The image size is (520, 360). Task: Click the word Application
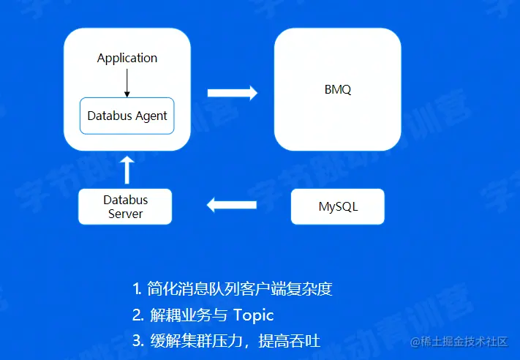click(x=127, y=58)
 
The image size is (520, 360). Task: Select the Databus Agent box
click(x=127, y=116)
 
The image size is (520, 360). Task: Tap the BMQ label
click(x=338, y=90)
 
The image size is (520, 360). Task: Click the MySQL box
click(x=338, y=206)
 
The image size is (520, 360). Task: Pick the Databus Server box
click(x=125, y=206)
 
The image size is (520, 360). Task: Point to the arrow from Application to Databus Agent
click(x=127, y=82)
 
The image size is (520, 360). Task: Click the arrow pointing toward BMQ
click(x=233, y=93)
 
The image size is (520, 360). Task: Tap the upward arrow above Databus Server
click(x=127, y=169)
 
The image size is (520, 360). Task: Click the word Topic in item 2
click(x=253, y=315)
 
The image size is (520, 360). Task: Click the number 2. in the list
click(x=137, y=315)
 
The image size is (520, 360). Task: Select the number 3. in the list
click(x=137, y=341)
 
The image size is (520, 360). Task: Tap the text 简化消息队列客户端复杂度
click(x=239, y=289)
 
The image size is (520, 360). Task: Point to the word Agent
click(x=151, y=116)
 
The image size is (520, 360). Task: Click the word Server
click(x=125, y=214)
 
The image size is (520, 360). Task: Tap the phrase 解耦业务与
click(x=189, y=315)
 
